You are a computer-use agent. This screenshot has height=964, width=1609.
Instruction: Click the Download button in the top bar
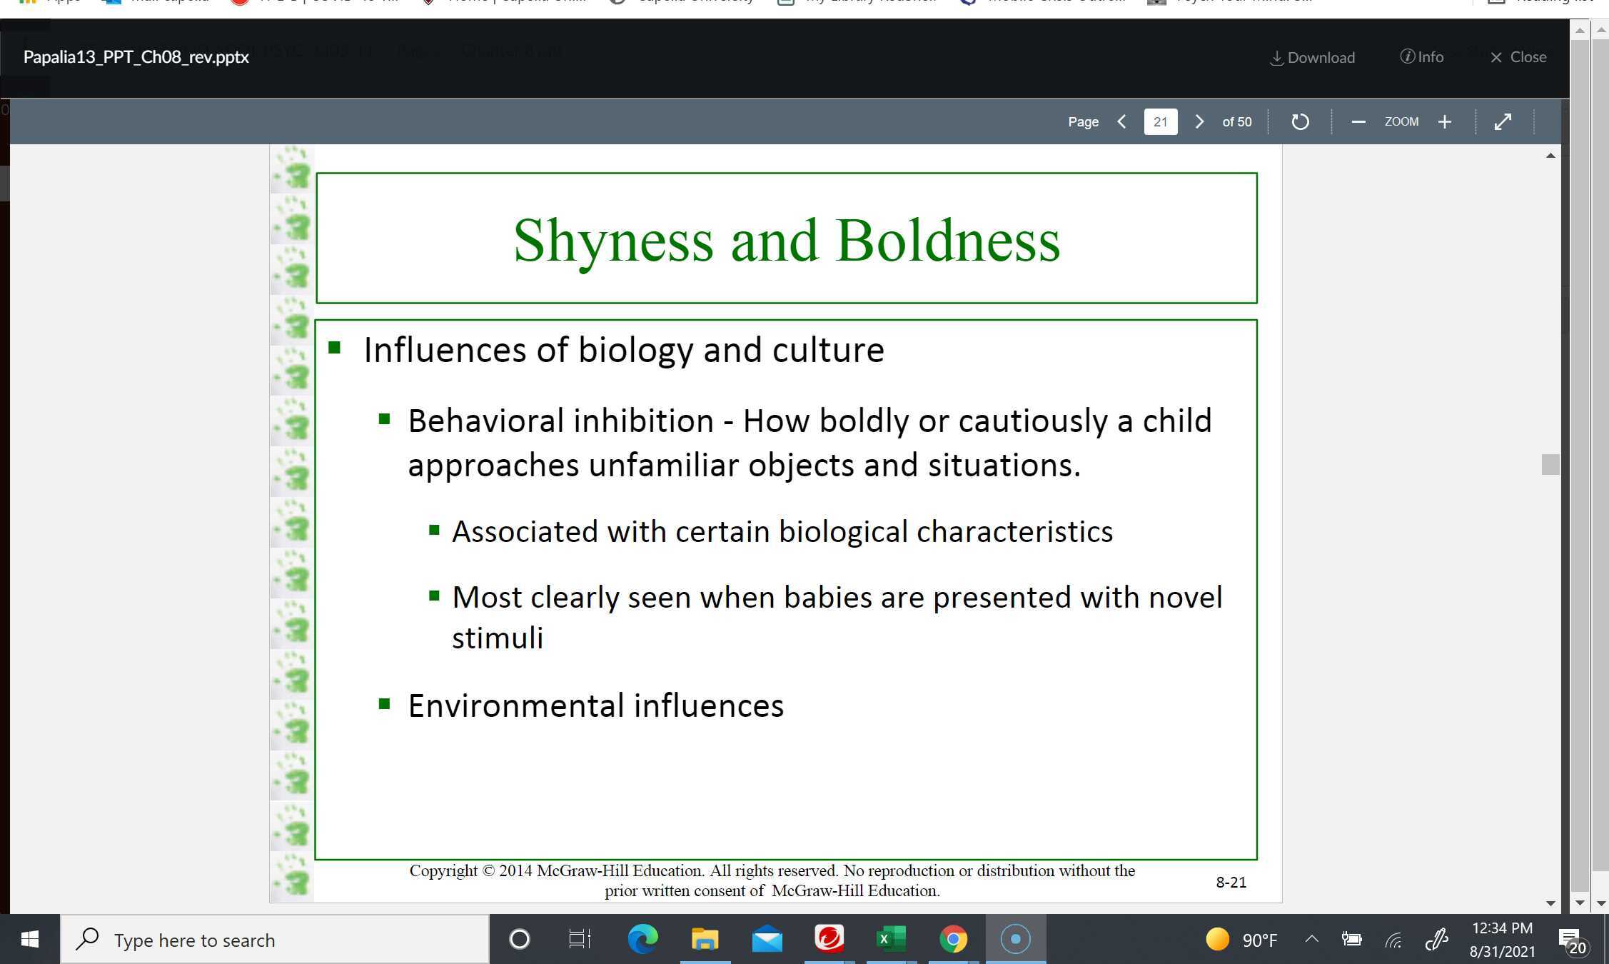pos(1313,57)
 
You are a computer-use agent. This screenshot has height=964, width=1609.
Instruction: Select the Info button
pos(1422,57)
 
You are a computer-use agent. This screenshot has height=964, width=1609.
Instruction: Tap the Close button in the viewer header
pos(1518,57)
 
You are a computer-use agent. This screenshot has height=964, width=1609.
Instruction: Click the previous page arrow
pos(1122,122)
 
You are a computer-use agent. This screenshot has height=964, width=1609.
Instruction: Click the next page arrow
pos(1199,122)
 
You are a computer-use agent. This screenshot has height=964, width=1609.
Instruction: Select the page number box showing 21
pos(1160,122)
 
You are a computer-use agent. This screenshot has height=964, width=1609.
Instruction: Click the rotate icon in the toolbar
pos(1300,122)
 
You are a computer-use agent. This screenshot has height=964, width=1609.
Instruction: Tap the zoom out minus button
pos(1358,122)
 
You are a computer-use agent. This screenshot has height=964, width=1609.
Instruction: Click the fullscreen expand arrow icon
pos(1503,122)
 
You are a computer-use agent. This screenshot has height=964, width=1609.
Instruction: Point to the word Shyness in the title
pos(613,241)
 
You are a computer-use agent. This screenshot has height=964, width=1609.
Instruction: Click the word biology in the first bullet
pos(635,351)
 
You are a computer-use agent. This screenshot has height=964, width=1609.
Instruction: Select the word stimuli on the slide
pos(498,638)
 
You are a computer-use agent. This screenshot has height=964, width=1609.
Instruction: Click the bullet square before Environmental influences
pos(385,705)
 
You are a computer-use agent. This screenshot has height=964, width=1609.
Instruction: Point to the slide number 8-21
pos(1231,883)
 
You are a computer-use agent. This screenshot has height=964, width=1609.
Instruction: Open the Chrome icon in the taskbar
pos(953,939)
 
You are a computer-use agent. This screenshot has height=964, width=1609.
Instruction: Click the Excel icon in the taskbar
pos(890,939)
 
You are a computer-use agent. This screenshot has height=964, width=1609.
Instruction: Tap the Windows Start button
pos(29,939)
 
